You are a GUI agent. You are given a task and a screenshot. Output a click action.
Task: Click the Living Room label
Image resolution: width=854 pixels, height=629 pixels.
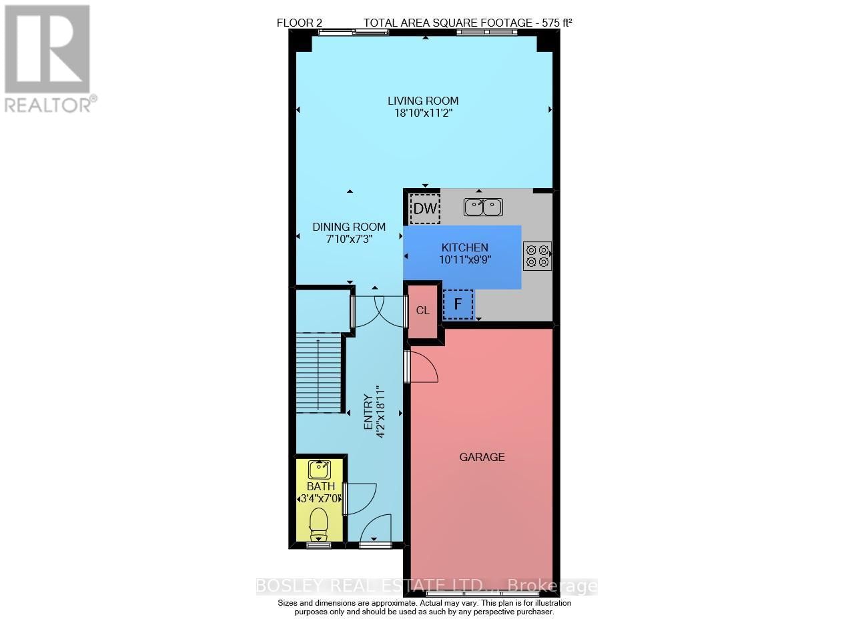click(423, 101)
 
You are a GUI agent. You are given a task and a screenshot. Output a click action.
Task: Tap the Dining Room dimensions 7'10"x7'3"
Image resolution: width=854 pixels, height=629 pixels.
click(349, 238)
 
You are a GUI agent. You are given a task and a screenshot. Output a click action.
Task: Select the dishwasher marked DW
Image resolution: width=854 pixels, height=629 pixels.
click(425, 209)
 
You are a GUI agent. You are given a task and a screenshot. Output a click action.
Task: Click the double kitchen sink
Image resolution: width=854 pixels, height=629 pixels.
click(483, 207)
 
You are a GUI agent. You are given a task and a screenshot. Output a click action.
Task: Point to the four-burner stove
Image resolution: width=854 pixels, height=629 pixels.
click(537, 256)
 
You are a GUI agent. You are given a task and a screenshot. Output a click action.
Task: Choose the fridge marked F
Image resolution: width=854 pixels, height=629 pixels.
click(458, 304)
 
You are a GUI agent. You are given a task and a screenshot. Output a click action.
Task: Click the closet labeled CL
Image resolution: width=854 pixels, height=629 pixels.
click(423, 311)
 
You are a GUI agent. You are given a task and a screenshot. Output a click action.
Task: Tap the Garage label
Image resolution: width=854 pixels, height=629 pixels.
click(482, 457)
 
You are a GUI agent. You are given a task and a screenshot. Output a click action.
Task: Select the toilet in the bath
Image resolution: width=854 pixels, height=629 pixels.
click(319, 524)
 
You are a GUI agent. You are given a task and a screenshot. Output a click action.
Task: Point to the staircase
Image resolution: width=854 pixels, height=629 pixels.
click(320, 374)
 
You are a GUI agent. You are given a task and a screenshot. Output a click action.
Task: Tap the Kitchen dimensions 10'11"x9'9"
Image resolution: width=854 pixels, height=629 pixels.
click(464, 259)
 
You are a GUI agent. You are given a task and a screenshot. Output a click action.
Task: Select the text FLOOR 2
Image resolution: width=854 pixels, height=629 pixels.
click(300, 23)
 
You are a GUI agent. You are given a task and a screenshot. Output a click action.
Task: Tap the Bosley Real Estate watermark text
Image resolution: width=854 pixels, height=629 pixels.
click(427, 586)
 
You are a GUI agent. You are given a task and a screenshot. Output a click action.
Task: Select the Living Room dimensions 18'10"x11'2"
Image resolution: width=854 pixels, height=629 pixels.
click(423, 113)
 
